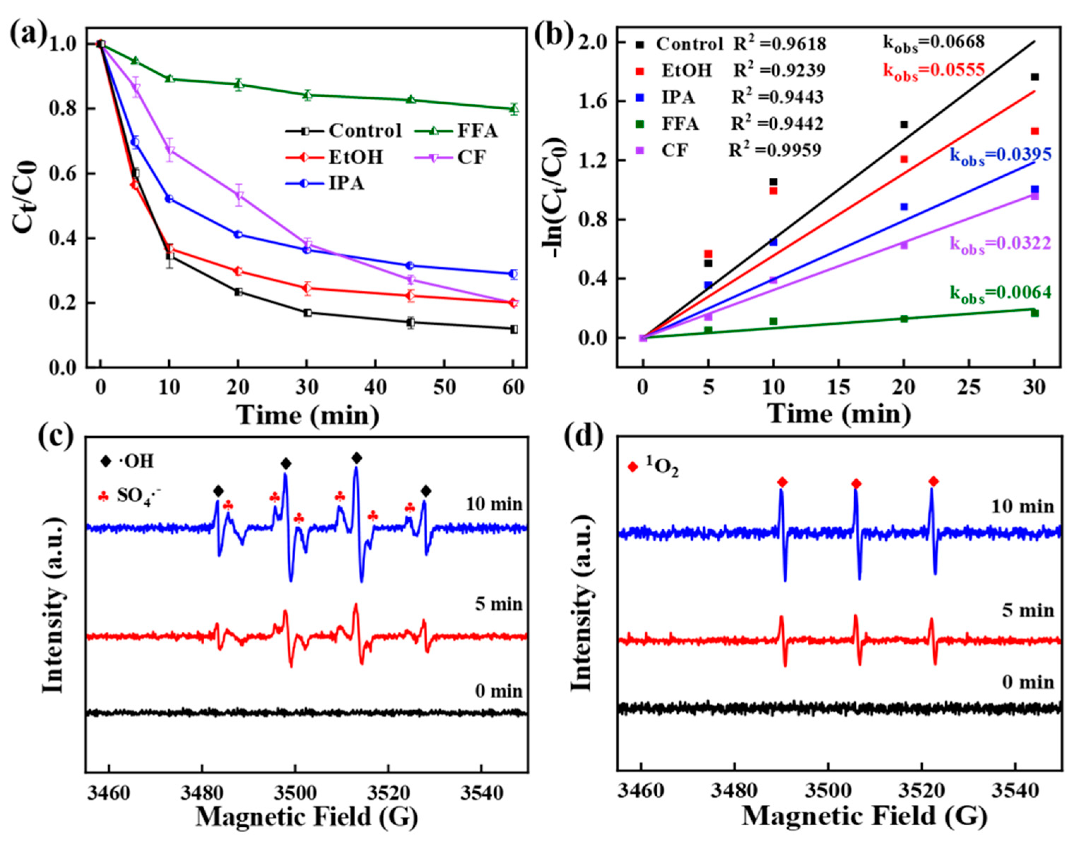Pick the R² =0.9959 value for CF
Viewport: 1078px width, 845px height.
tap(775, 150)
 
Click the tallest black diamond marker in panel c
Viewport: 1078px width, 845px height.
tap(356, 458)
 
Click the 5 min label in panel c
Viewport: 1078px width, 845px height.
tap(498, 604)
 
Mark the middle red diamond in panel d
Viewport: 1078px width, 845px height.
tap(856, 484)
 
